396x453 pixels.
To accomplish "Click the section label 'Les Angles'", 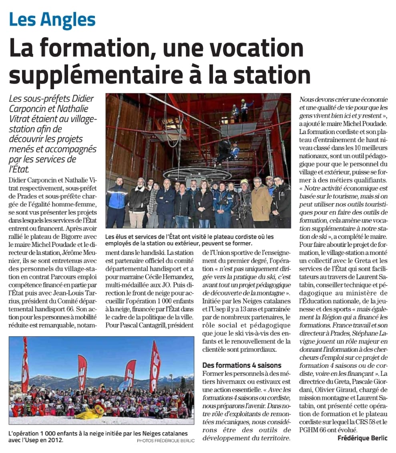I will [52, 20].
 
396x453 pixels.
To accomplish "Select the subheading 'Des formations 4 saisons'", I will [242, 365].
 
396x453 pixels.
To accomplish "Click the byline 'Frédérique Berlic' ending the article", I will [363, 438].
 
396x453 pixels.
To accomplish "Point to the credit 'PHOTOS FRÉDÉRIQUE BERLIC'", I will [166, 440].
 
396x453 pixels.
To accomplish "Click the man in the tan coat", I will [261, 202].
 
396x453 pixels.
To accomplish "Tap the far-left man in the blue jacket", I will [117, 202].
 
